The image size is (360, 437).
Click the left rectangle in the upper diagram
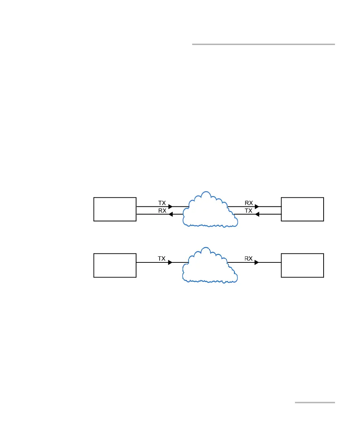(x=115, y=209)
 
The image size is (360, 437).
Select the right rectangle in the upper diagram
(x=302, y=209)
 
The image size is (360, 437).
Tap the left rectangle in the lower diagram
(x=115, y=265)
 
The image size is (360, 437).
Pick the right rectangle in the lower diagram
(x=302, y=265)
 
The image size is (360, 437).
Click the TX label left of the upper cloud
(x=162, y=203)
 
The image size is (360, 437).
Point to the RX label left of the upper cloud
(x=162, y=211)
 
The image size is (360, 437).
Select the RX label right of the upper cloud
(x=249, y=203)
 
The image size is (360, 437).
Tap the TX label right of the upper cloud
(x=249, y=211)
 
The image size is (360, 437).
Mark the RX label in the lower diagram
(x=249, y=258)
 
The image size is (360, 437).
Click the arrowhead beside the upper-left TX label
(x=170, y=206)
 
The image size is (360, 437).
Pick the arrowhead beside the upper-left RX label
(x=171, y=214)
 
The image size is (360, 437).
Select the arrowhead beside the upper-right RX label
(x=257, y=206)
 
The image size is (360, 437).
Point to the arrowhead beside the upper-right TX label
(x=257, y=214)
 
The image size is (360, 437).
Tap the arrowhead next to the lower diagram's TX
(x=170, y=262)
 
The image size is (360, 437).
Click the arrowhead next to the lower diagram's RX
(x=257, y=262)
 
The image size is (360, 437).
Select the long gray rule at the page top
(x=264, y=44)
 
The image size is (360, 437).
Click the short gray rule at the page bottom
(x=315, y=402)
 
